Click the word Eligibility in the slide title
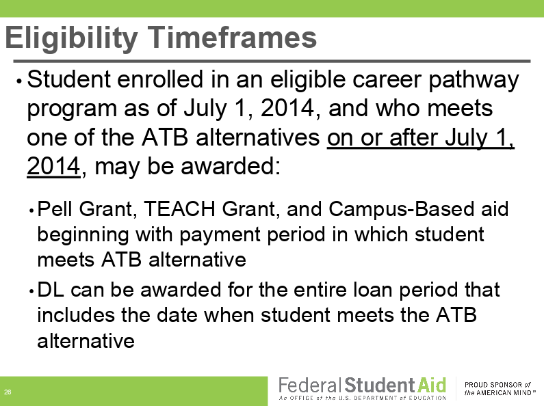pyautogui.click(x=71, y=38)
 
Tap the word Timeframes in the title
pyautogui.click(x=232, y=37)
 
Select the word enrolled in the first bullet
pyautogui.click(x=160, y=79)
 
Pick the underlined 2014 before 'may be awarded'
pyautogui.click(x=54, y=166)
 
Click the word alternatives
pyautogui.click(x=258, y=137)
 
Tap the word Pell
pyautogui.click(x=55, y=209)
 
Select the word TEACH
pyautogui.click(x=179, y=209)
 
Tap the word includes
pyautogui.click(x=76, y=315)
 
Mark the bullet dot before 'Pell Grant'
pyautogui.click(x=31, y=211)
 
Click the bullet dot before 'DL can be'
pyautogui.click(x=31, y=291)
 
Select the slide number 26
pyautogui.click(x=8, y=392)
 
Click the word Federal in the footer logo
pyautogui.click(x=308, y=385)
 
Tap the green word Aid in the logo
pyautogui.click(x=432, y=385)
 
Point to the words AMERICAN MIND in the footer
pyautogui.click(x=504, y=393)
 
